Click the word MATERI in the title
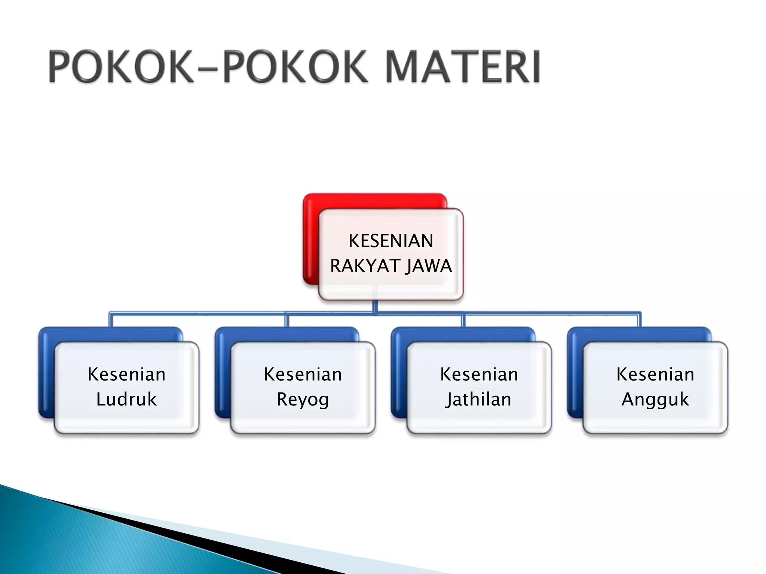(463, 67)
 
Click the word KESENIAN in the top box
(391, 241)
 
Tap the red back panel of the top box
(311, 239)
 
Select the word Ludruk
(126, 399)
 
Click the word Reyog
(303, 399)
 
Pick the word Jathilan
(478, 399)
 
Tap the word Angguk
(655, 399)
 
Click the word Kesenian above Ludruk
(126, 374)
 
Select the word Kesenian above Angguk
(655, 374)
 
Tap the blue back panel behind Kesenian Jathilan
(399, 374)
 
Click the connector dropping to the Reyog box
(287, 321)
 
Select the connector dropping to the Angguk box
(640, 321)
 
